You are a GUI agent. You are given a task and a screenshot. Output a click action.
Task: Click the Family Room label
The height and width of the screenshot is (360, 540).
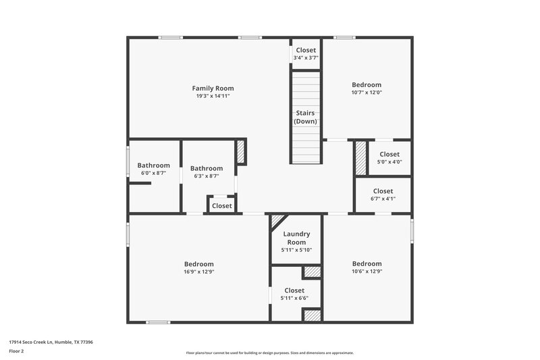click(x=213, y=88)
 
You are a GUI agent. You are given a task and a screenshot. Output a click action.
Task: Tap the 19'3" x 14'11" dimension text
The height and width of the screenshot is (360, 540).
click(x=213, y=97)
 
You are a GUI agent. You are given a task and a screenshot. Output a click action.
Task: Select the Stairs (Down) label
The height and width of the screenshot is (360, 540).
click(x=305, y=117)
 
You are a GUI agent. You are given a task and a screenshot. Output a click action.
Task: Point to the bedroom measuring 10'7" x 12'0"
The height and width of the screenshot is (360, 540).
click(x=367, y=88)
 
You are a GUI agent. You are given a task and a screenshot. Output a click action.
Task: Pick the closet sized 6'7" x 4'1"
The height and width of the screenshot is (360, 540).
click(x=383, y=195)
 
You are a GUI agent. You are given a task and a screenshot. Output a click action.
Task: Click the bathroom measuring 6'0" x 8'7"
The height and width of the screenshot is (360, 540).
click(x=154, y=169)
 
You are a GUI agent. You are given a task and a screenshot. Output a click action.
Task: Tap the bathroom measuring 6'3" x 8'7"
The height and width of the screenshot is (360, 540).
click(x=206, y=172)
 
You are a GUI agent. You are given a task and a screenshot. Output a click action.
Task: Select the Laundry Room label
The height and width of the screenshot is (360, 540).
click(x=296, y=238)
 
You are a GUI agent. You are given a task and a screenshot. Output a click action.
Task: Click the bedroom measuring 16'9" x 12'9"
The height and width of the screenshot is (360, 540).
click(x=198, y=267)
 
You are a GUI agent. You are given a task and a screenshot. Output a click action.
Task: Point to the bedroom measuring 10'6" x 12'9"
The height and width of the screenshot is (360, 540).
click(x=367, y=267)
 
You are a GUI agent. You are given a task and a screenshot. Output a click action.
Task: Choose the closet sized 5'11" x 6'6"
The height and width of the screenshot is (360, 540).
click(x=294, y=294)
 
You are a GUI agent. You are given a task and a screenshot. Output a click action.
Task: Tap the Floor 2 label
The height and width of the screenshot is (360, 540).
click(x=16, y=352)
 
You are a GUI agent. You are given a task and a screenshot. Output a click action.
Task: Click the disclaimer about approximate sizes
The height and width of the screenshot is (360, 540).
click(x=269, y=353)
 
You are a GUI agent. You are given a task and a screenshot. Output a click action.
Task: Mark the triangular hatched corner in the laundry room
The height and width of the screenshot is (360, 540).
click(x=275, y=220)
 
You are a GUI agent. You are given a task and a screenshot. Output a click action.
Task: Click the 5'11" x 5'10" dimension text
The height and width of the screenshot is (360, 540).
click(x=296, y=251)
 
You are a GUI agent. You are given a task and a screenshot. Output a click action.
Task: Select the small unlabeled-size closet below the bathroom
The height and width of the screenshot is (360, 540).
click(x=221, y=206)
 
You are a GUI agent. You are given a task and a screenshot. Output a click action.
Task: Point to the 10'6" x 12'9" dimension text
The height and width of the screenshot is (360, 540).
click(x=367, y=272)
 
